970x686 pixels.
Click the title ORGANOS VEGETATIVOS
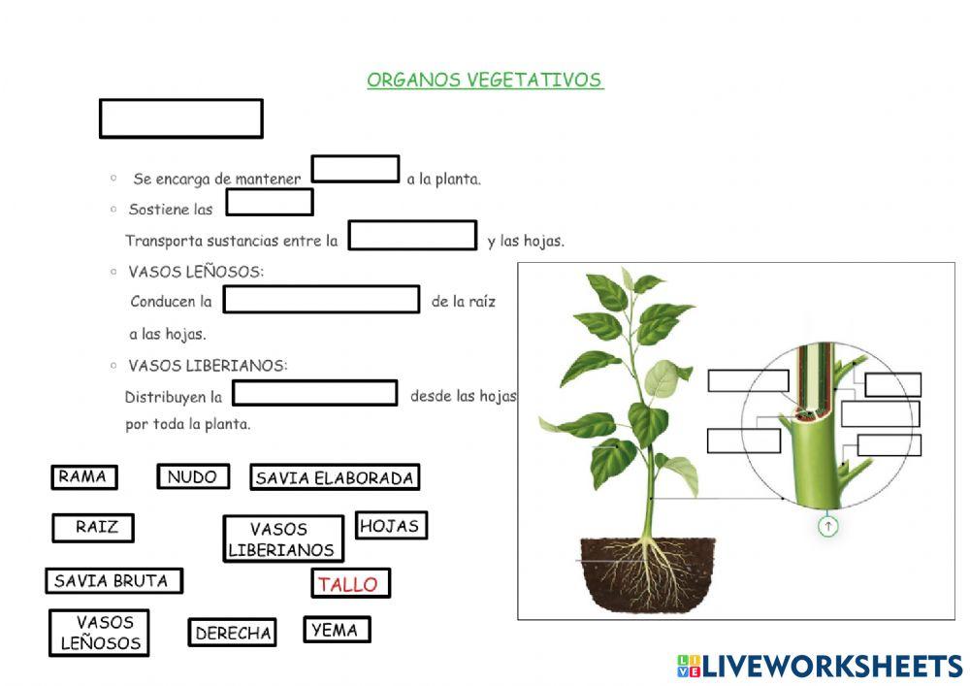pos(485,81)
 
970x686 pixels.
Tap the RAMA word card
pos(83,477)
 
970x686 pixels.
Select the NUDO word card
pos(193,477)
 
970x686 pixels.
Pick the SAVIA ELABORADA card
pos(335,477)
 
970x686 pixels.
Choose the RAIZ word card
pos(93,528)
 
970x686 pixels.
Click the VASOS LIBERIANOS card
pos(283,539)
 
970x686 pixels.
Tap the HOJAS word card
pos(391,526)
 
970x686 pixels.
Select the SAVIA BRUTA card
pos(113,581)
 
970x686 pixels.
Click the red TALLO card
pos(350,584)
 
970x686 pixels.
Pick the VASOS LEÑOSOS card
pos(99,633)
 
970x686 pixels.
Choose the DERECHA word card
pos(233,634)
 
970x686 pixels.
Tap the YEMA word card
pos(337,630)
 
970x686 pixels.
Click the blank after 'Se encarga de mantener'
pos(355,170)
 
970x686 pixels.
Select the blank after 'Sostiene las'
pos(270,203)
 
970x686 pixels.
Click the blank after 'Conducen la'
pos(321,300)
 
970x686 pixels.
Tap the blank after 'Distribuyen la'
pos(315,393)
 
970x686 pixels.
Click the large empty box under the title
pos(181,118)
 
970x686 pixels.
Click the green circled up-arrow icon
pos(827,527)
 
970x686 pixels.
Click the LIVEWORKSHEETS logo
pos(820,666)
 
